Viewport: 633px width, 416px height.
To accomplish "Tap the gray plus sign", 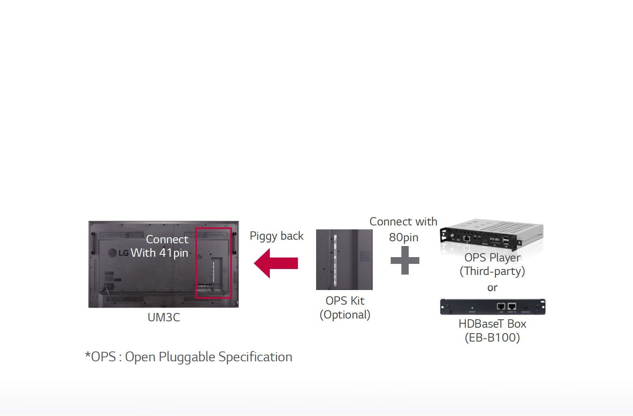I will [405, 260].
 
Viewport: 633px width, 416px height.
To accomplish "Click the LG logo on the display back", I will [118, 253].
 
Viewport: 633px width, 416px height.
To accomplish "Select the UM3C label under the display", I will [164, 317].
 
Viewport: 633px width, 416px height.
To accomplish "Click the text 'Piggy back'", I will [277, 236].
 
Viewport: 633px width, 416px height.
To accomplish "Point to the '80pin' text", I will [404, 237].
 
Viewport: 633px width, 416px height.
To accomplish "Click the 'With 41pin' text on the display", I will [159, 253].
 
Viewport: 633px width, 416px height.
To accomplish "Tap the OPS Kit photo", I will [344, 260].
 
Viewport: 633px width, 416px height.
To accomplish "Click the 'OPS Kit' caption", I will [345, 301].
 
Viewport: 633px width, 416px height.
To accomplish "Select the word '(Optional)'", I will [345, 315].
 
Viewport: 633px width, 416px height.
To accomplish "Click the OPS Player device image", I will [492, 235].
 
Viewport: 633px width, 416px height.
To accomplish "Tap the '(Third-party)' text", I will [492, 271].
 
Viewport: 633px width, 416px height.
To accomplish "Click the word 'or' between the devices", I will [492, 288].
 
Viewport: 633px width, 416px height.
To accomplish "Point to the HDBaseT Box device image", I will [493, 307].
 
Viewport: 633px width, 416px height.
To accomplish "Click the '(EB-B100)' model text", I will [492, 338].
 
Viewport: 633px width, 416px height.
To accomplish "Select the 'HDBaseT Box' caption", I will [492, 324].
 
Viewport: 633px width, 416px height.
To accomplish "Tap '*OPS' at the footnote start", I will [100, 357].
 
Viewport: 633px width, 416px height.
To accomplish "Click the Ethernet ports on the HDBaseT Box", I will [506, 306].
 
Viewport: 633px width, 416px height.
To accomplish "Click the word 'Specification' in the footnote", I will [255, 357].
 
